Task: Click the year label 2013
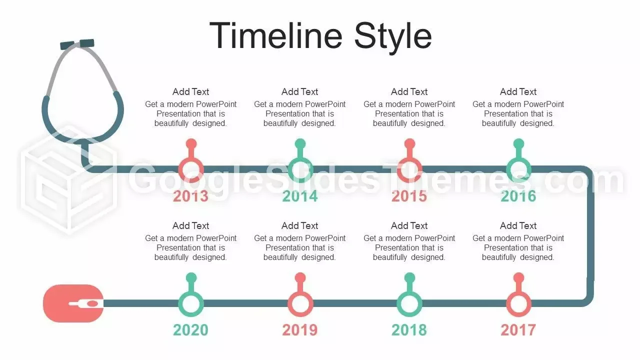pos(190,196)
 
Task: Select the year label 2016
pos(518,196)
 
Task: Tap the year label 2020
pos(190,330)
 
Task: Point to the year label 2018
pos(409,330)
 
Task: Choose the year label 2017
pos(518,330)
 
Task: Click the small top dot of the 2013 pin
pos(191,143)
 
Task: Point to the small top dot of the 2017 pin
pos(518,277)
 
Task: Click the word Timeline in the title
pos(275,35)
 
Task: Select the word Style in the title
pos(393,38)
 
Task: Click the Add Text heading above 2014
pos(299,91)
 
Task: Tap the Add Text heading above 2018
pos(409,225)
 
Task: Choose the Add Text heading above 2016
pos(518,91)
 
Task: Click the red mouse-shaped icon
pos(73,303)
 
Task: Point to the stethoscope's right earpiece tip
pos(86,43)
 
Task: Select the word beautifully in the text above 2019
pos(280,257)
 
